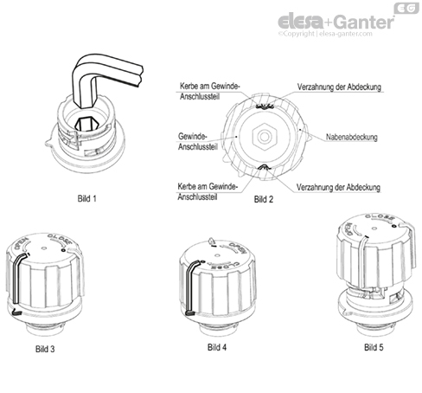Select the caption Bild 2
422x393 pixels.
(264, 198)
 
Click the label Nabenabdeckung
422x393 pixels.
(352, 137)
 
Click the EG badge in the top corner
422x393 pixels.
(408, 8)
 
